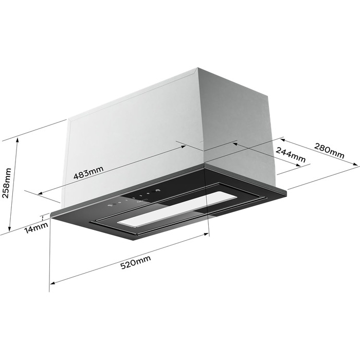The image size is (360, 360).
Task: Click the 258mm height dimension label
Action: pos(6,183)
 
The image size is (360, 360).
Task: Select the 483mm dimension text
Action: pos(88,172)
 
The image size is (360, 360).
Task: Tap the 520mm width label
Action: pos(136,262)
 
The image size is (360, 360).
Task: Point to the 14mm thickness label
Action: pos(36,227)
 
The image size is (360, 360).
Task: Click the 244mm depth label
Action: pos(291,155)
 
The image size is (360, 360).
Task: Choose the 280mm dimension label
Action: pos(329,151)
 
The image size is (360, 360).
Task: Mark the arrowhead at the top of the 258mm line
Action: pos(17,140)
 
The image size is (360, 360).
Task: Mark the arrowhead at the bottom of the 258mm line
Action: pos(9,229)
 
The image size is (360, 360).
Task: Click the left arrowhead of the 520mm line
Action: pos(52,283)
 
